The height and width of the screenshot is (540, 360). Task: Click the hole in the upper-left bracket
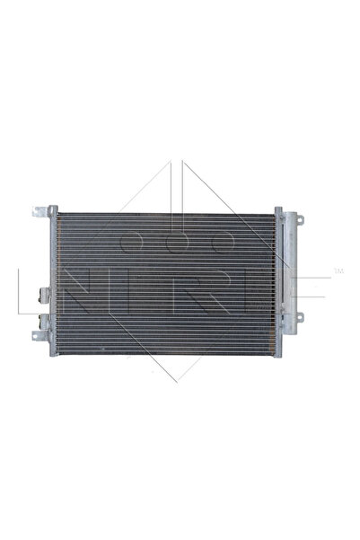(38, 212)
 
